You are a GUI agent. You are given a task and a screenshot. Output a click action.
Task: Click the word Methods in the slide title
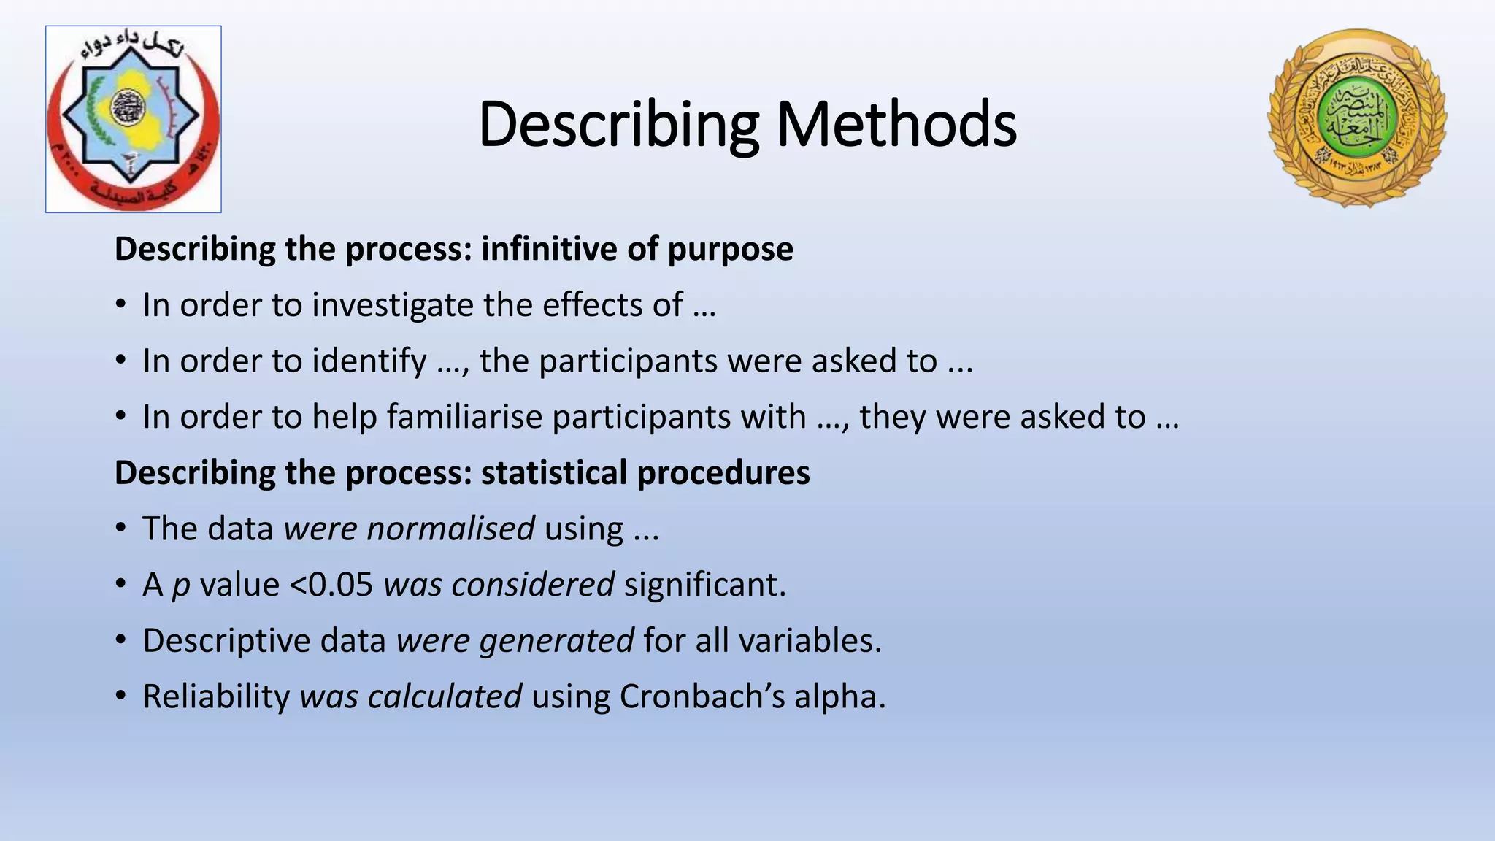pos(896,124)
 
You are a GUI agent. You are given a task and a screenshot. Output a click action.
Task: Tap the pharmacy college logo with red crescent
pos(134,119)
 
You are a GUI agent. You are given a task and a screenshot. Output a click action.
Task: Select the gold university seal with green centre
pos(1357,118)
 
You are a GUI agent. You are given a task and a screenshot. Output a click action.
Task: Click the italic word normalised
pos(450,529)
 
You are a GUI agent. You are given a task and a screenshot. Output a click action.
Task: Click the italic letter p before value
pos(180,586)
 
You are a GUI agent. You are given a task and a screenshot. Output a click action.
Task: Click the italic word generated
pos(556,641)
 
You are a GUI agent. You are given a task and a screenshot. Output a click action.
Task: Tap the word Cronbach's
pos(702,696)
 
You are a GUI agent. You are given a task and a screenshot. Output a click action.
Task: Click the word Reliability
pos(216,697)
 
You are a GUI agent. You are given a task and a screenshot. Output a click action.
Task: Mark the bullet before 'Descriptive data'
pos(121,640)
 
